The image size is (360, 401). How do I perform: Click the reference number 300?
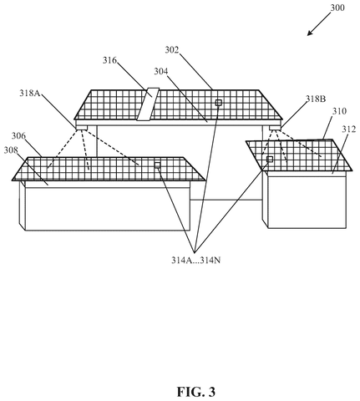(x=337, y=8)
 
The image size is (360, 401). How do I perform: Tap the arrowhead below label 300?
(x=310, y=33)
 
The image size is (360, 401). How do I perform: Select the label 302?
(x=171, y=50)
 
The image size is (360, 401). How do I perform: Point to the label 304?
(x=161, y=72)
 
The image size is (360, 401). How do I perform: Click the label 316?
(x=109, y=60)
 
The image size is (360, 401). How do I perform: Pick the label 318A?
(x=29, y=93)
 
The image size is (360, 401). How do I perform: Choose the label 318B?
(x=316, y=99)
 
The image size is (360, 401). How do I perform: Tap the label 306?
(x=18, y=136)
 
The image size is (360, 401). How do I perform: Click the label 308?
(x=11, y=150)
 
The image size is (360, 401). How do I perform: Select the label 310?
(x=339, y=111)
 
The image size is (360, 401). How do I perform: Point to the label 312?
(x=349, y=129)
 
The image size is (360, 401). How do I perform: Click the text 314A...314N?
(x=195, y=261)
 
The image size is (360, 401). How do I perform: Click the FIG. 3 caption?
(x=196, y=392)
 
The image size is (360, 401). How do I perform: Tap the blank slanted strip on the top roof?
(x=148, y=104)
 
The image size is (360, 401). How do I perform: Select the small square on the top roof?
(x=219, y=103)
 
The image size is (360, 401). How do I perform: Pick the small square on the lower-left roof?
(x=157, y=165)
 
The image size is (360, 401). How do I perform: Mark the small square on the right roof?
(x=270, y=159)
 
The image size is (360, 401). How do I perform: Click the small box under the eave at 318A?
(x=82, y=128)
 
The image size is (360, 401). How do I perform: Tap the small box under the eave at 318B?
(x=275, y=128)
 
